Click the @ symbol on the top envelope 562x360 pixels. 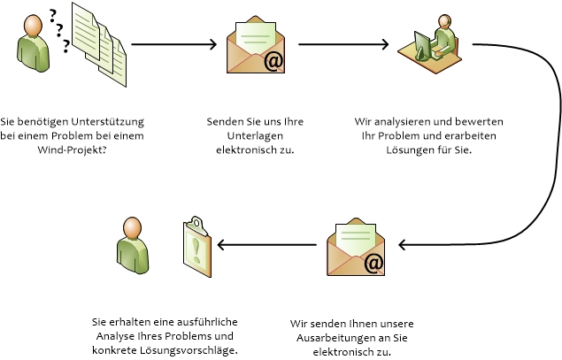273,60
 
